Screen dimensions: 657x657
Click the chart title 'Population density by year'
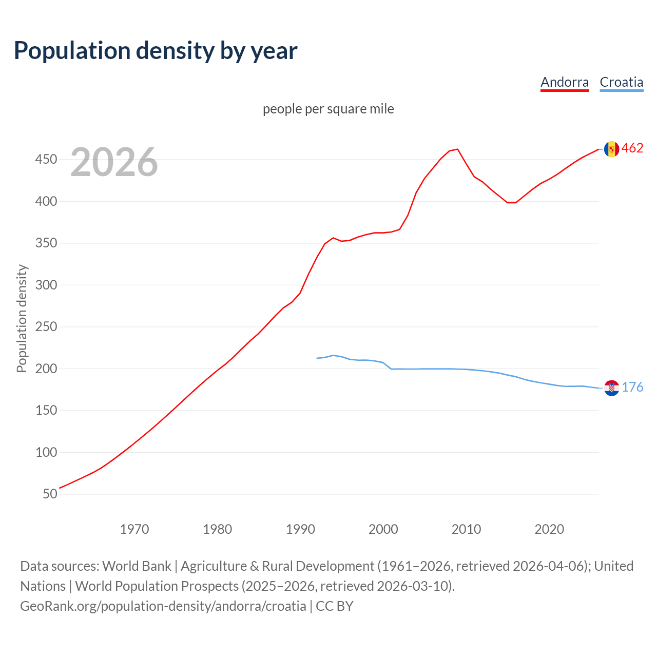coord(156,50)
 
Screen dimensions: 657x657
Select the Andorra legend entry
coord(565,82)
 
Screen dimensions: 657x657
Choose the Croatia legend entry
coord(621,82)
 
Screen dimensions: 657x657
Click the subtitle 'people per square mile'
coord(328,109)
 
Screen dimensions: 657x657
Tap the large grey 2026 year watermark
coord(114,162)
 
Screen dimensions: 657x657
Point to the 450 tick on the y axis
coord(46,160)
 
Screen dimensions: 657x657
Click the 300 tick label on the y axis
coord(46,285)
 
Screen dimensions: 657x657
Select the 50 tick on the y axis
coord(50,494)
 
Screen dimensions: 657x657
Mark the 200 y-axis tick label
coord(46,369)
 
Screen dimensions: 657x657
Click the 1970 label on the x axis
coord(134,529)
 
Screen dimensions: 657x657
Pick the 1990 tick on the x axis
coord(300,529)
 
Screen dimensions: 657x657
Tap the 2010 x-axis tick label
coord(466,529)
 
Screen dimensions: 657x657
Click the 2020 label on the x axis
coord(549,529)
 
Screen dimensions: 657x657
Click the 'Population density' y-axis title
coord(22,318)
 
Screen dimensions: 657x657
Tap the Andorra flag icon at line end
coord(611,149)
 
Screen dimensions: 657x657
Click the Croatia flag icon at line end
coord(611,388)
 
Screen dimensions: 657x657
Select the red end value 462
coord(632,148)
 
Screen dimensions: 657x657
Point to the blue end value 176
coord(632,388)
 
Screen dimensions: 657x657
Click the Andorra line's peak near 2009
coord(457,149)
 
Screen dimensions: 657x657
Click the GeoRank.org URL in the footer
coord(163,606)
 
